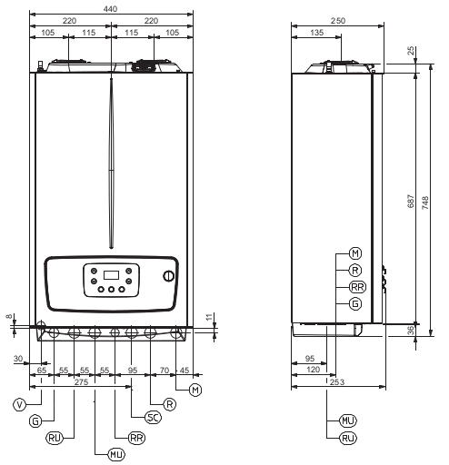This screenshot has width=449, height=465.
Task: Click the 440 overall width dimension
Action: [110, 9]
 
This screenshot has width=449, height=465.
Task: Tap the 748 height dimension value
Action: [425, 203]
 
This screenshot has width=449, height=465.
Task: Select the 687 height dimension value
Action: [411, 201]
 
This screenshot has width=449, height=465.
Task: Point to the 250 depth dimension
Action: [338, 21]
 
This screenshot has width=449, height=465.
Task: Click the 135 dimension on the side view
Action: [317, 33]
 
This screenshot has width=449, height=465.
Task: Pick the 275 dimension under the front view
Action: [81, 382]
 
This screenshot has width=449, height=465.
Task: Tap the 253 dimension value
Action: [337, 382]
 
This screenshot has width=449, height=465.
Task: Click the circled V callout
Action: [20, 404]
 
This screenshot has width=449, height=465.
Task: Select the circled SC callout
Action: [153, 418]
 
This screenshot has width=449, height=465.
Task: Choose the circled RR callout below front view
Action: [137, 438]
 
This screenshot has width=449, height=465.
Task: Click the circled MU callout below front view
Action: [116, 454]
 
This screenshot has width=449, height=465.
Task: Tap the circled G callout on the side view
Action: [355, 303]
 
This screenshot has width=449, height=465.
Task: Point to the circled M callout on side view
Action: [355, 253]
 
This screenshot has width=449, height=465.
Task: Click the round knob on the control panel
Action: [169, 276]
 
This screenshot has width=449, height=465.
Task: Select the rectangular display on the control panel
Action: [111, 275]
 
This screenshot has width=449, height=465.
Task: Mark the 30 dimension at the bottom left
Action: [18, 359]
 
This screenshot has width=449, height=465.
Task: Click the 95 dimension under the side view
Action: [310, 359]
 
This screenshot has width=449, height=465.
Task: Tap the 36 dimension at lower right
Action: [411, 331]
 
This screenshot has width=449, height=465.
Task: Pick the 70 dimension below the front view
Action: [165, 371]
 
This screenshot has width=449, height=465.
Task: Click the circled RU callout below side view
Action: [348, 438]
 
